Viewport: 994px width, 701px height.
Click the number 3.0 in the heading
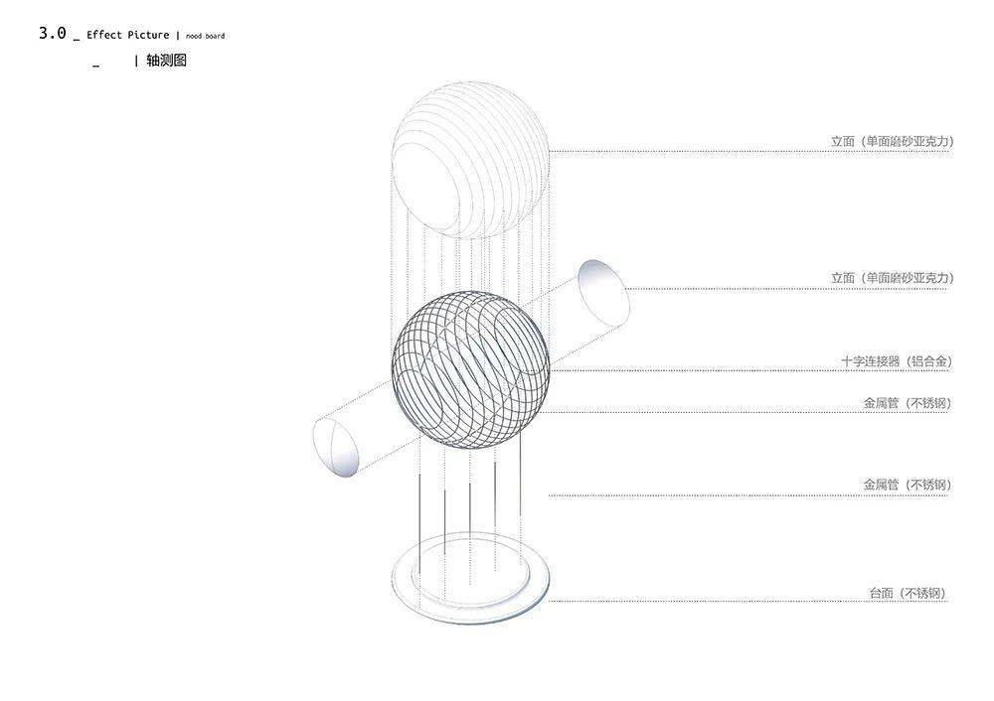[x=52, y=33]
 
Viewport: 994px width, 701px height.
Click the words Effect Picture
[x=128, y=35]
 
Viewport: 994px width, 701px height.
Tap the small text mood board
[x=206, y=36]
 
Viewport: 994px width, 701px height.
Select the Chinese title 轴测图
[x=166, y=61]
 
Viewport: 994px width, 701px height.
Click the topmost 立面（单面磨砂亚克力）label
[x=892, y=141]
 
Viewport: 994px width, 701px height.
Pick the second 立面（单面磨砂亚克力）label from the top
[x=892, y=278]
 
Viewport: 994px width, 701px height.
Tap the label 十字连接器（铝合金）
[x=897, y=361]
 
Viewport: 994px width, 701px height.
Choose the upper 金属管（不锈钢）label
[x=908, y=403]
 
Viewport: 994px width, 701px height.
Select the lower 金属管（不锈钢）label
[x=908, y=485]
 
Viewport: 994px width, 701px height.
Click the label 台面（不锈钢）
[x=908, y=594]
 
